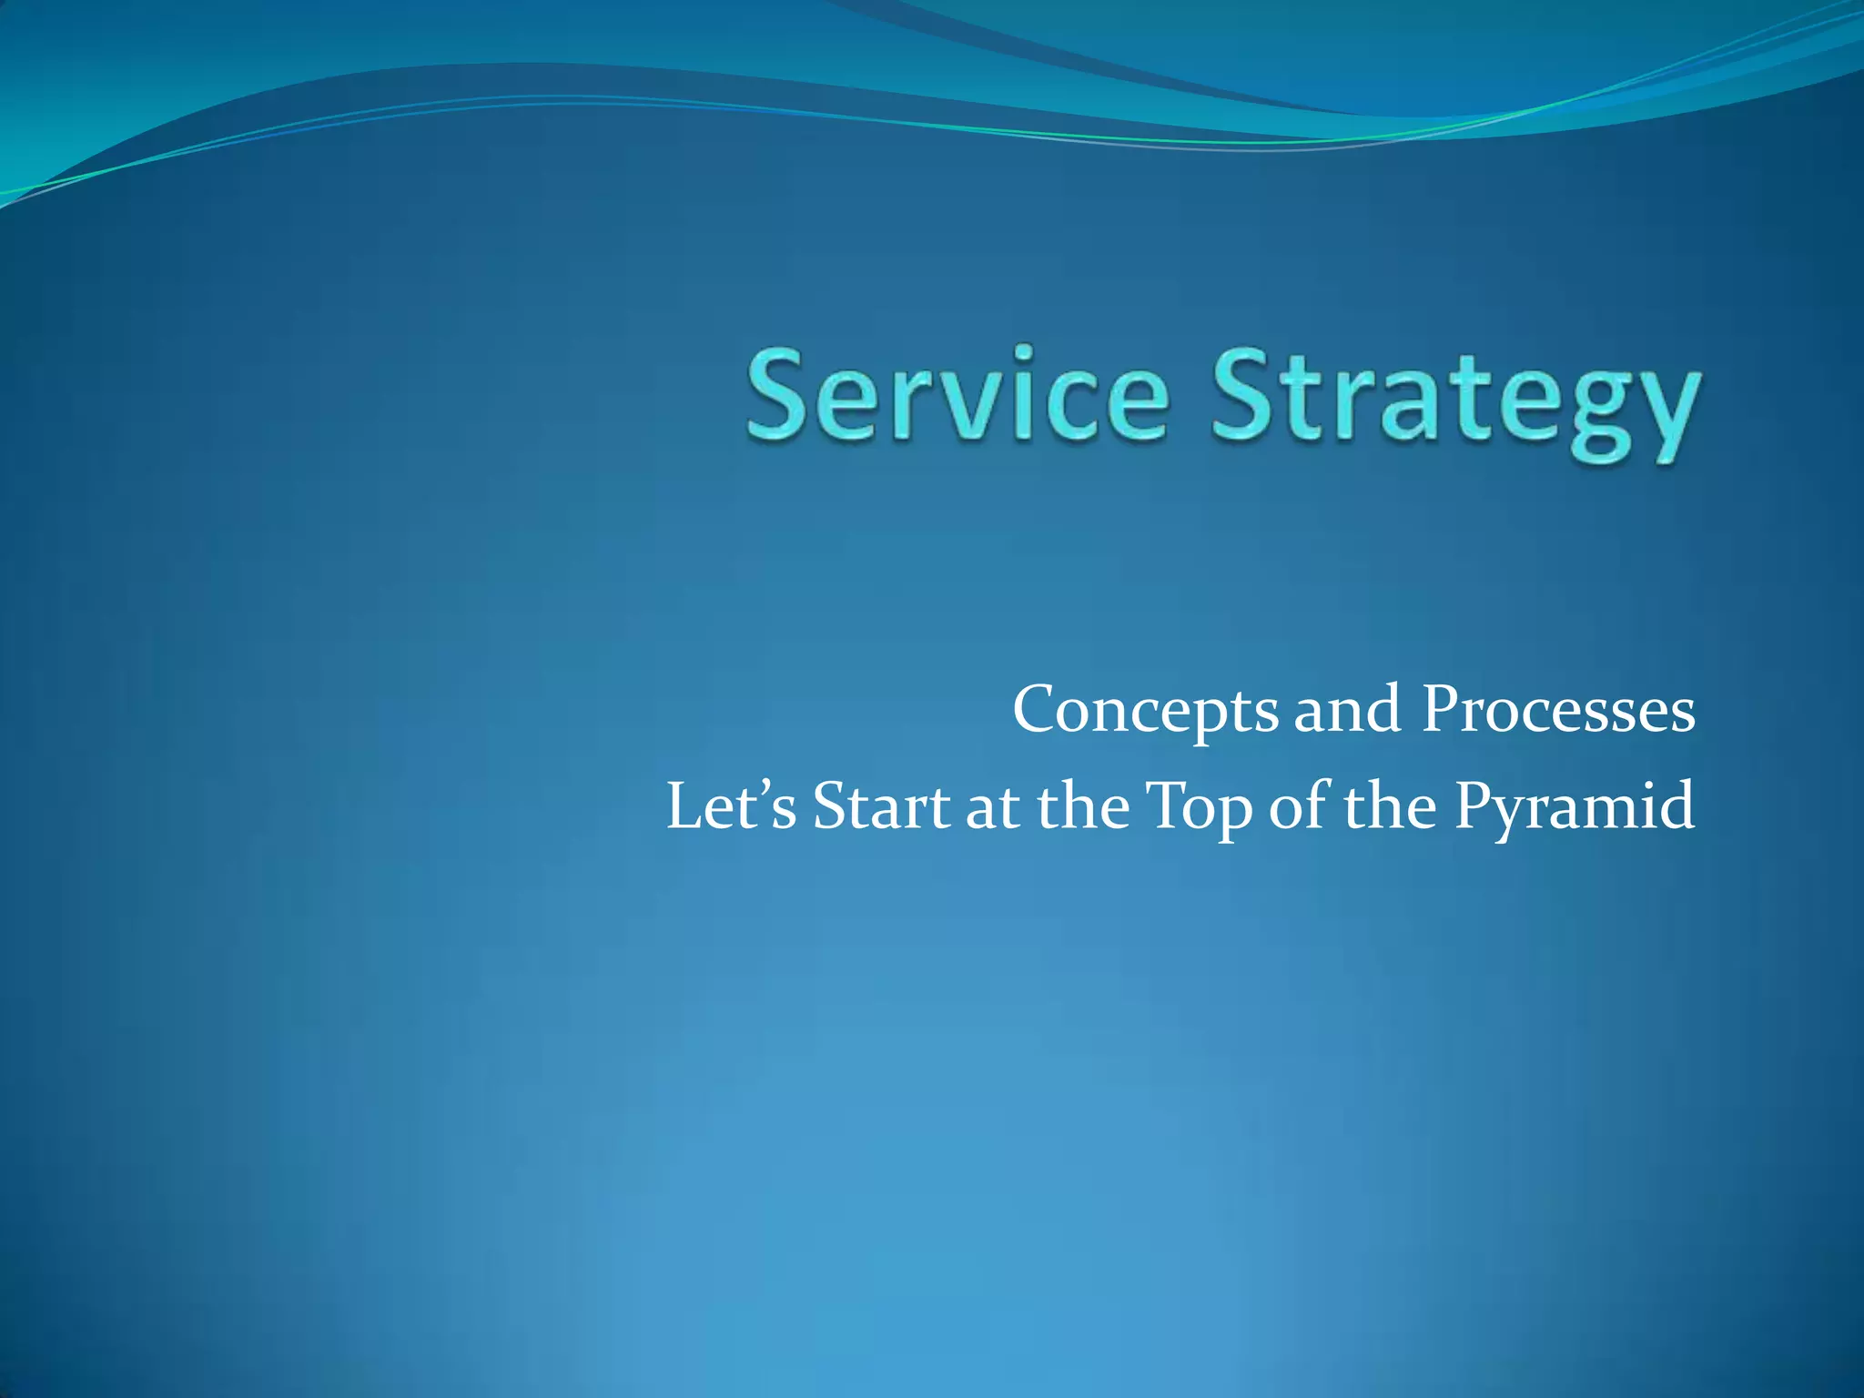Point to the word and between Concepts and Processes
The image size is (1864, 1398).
tap(1347, 709)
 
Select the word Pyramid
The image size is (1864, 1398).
tap(1574, 809)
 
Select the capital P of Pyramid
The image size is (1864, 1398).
tap(1474, 805)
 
